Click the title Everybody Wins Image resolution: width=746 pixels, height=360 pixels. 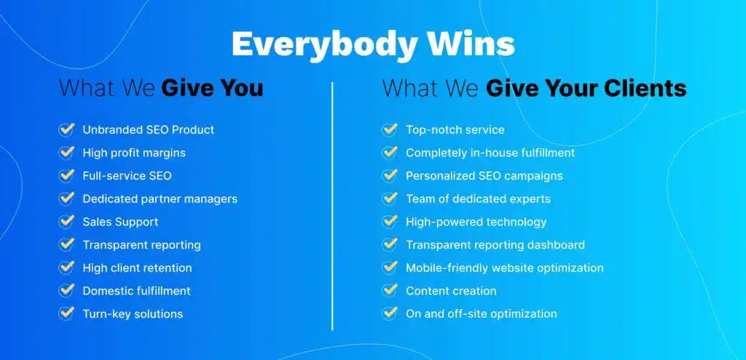pyautogui.click(x=372, y=44)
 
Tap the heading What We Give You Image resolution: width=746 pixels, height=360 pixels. pyautogui.click(x=161, y=88)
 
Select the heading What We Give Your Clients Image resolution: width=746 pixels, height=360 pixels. pyautogui.click(x=534, y=88)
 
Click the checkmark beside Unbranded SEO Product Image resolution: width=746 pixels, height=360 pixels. pyautogui.click(x=66, y=130)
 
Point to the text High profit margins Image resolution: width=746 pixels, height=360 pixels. pyautogui.click(x=134, y=153)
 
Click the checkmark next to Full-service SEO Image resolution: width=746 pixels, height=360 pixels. pyautogui.click(x=66, y=176)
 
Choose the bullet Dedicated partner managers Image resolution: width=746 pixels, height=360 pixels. pyautogui.click(x=160, y=199)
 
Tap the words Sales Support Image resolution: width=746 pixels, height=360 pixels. pyautogui.click(x=120, y=222)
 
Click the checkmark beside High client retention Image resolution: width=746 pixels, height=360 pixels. pyautogui.click(x=66, y=267)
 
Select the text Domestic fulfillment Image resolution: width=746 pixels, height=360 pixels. pyautogui.click(x=136, y=291)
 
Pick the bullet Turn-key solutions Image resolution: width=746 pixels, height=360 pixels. pyautogui.click(x=133, y=314)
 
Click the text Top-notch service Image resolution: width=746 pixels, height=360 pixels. pyautogui.click(x=455, y=130)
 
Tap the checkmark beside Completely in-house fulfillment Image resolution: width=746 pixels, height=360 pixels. pyautogui.click(x=390, y=153)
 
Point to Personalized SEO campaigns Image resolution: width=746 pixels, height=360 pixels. pyautogui.click(x=484, y=176)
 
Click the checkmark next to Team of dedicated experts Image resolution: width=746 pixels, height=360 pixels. pyautogui.click(x=390, y=199)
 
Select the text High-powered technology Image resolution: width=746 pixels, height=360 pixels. pyautogui.click(x=476, y=222)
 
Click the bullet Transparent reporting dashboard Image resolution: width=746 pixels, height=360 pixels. pyautogui.click(x=495, y=245)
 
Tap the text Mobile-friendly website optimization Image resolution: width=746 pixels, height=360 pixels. pyautogui.click(x=504, y=267)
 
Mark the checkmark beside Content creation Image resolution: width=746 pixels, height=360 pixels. pyautogui.click(x=390, y=291)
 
